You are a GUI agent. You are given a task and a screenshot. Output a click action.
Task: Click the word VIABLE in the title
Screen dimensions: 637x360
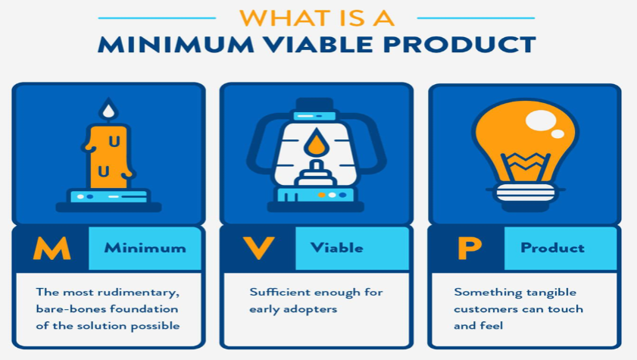(x=317, y=45)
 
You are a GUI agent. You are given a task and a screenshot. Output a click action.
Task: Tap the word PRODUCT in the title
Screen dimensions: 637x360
(x=460, y=45)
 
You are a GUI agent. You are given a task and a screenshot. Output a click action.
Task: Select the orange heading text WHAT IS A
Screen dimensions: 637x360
(x=317, y=18)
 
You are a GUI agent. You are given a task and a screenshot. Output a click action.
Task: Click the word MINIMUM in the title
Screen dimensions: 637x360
(x=176, y=45)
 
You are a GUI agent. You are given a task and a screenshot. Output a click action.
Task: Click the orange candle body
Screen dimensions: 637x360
(x=108, y=157)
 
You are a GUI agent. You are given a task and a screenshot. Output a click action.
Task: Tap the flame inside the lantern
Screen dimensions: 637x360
(x=316, y=142)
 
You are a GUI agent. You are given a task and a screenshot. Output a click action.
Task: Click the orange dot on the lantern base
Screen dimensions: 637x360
(x=322, y=195)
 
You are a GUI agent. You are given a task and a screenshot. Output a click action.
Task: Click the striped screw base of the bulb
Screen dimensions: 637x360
(x=526, y=193)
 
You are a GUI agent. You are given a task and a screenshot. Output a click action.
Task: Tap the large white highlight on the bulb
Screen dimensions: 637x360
(x=540, y=121)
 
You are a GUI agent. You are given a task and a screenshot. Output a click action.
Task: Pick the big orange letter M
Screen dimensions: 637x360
(x=52, y=249)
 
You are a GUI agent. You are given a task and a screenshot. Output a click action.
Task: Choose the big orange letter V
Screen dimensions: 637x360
(x=258, y=249)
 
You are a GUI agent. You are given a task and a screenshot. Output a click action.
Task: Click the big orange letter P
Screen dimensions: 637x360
(x=469, y=249)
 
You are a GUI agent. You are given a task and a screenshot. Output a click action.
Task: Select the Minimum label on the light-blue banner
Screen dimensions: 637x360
(x=145, y=248)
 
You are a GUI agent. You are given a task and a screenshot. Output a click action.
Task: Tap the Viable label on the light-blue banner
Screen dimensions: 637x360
(x=337, y=248)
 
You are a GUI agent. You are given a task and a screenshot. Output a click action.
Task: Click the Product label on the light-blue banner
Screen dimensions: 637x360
(x=552, y=248)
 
